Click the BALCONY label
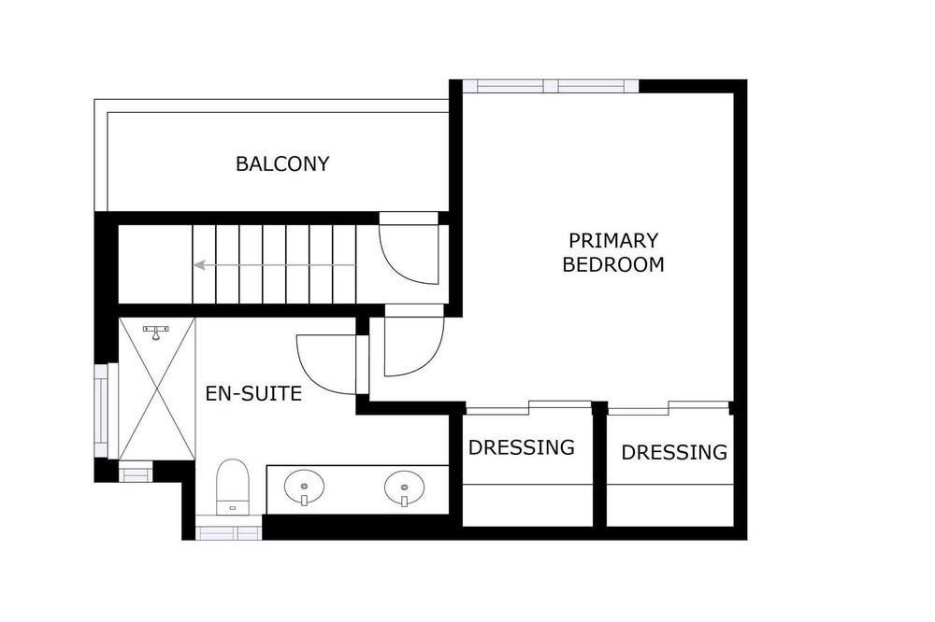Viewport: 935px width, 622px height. [x=282, y=163]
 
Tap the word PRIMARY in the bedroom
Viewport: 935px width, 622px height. [x=613, y=241]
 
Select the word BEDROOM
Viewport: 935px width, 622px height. [x=613, y=264]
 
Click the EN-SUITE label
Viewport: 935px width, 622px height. [x=253, y=394]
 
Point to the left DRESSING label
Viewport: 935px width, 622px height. [x=521, y=446]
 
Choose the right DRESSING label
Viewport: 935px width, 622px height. [x=674, y=452]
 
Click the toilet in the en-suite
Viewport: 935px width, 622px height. [x=232, y=486]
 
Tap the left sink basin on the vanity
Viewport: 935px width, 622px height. [x=304, y=487]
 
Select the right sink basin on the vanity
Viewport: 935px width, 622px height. [x=404, y=488]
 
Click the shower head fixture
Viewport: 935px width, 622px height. [x=156, y=332]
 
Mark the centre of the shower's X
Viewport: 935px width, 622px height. [x=157, y=389]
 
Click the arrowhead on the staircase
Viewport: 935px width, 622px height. [x=199, y=265]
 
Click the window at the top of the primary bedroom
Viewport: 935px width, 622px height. [x=551, y=86]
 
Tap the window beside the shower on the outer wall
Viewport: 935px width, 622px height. [x=101, y=411]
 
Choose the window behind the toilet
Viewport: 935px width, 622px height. [x=228, y=532]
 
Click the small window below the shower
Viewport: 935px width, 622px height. [x=136, y=474]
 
